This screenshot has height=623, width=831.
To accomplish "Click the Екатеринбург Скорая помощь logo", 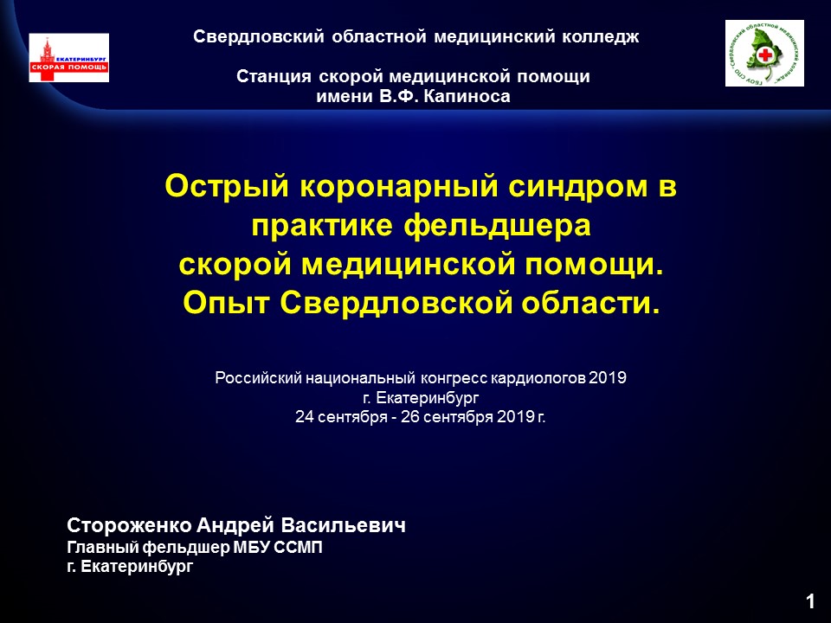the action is [69, 58].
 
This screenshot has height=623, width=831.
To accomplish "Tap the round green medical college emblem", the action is [764, 53].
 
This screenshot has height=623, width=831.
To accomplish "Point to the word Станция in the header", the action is [274, 76].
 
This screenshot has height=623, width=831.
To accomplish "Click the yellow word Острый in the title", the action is [227, 187].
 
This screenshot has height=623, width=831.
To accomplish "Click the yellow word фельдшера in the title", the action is [497, 227].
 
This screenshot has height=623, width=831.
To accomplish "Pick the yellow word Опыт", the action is [226, 304].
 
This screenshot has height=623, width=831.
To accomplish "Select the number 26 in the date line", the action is [409, 417].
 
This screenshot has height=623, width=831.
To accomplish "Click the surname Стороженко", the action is [129, 525].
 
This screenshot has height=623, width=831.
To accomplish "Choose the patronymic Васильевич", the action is [344, 525].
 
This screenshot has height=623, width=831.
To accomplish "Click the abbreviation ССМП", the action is [298, 547].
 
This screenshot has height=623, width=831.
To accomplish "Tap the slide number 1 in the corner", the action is [810, 601].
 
